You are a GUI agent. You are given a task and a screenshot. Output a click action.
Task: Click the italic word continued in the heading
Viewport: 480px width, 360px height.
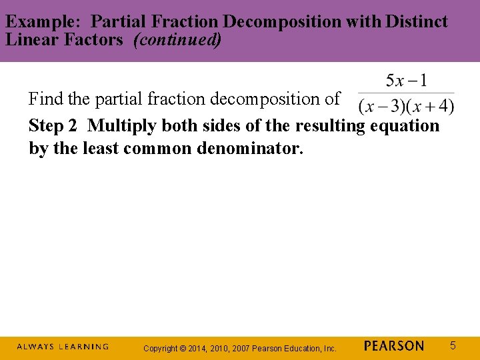click(178, 40)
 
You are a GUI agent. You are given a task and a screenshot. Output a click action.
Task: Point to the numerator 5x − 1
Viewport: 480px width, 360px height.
click(407, 81)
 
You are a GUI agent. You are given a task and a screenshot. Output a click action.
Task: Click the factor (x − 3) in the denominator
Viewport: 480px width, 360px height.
click(382, 107)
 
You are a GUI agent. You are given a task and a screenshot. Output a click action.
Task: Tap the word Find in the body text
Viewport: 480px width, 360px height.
click(45, 99)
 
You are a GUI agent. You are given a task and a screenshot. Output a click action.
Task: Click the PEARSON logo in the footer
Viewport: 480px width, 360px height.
click(394, 346)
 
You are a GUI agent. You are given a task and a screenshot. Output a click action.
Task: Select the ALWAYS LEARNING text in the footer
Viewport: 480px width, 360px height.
click(63, 347)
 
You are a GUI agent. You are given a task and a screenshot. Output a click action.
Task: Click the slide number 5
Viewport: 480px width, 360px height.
click(453, 345)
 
